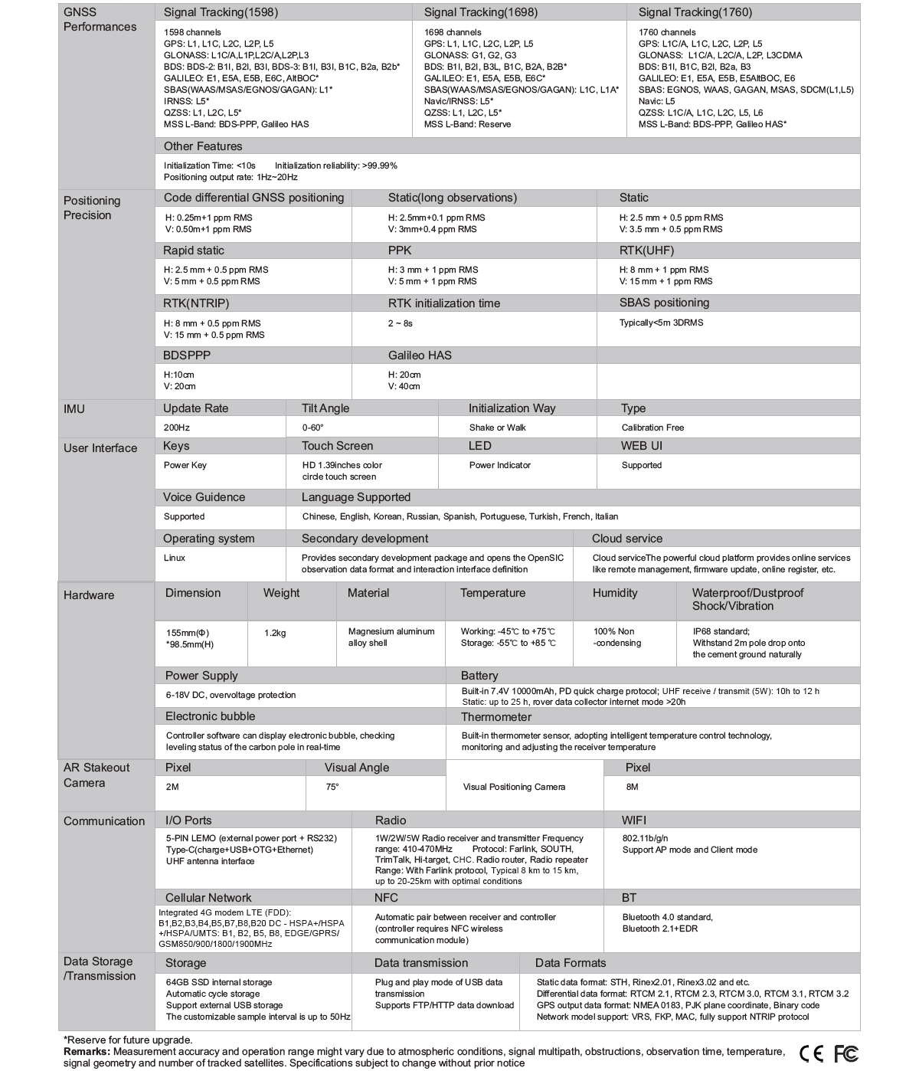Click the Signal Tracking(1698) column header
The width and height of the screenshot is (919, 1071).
click(480, 12)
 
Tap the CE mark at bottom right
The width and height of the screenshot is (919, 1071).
click(811, 1053)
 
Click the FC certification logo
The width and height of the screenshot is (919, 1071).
click(845, 1053)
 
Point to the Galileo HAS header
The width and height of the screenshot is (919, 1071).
click(420, 355)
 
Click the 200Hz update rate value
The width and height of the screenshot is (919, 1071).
click(177, 427)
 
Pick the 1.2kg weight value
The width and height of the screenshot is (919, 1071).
click(275, 633)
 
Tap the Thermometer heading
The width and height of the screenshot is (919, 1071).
click(495, 717)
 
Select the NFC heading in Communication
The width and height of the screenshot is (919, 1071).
click(386, 898)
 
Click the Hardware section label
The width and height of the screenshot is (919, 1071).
click(89, 595)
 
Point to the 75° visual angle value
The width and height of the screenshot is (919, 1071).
click(332, 787)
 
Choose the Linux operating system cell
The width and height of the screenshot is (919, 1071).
click(175, 558)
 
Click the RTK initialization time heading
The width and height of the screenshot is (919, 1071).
click(443, 303)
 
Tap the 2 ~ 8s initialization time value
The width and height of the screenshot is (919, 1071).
click(400, 323)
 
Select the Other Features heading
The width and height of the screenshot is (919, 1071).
click(203, 146)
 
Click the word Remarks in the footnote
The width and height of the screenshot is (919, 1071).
click(87, 1052)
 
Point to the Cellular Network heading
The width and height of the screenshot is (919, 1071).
click(208, 898)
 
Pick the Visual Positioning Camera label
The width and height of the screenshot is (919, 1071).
click(514, 787)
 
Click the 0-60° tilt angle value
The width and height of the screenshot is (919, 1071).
click(312, 427)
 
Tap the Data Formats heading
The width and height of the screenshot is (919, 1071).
click(570, 963)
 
